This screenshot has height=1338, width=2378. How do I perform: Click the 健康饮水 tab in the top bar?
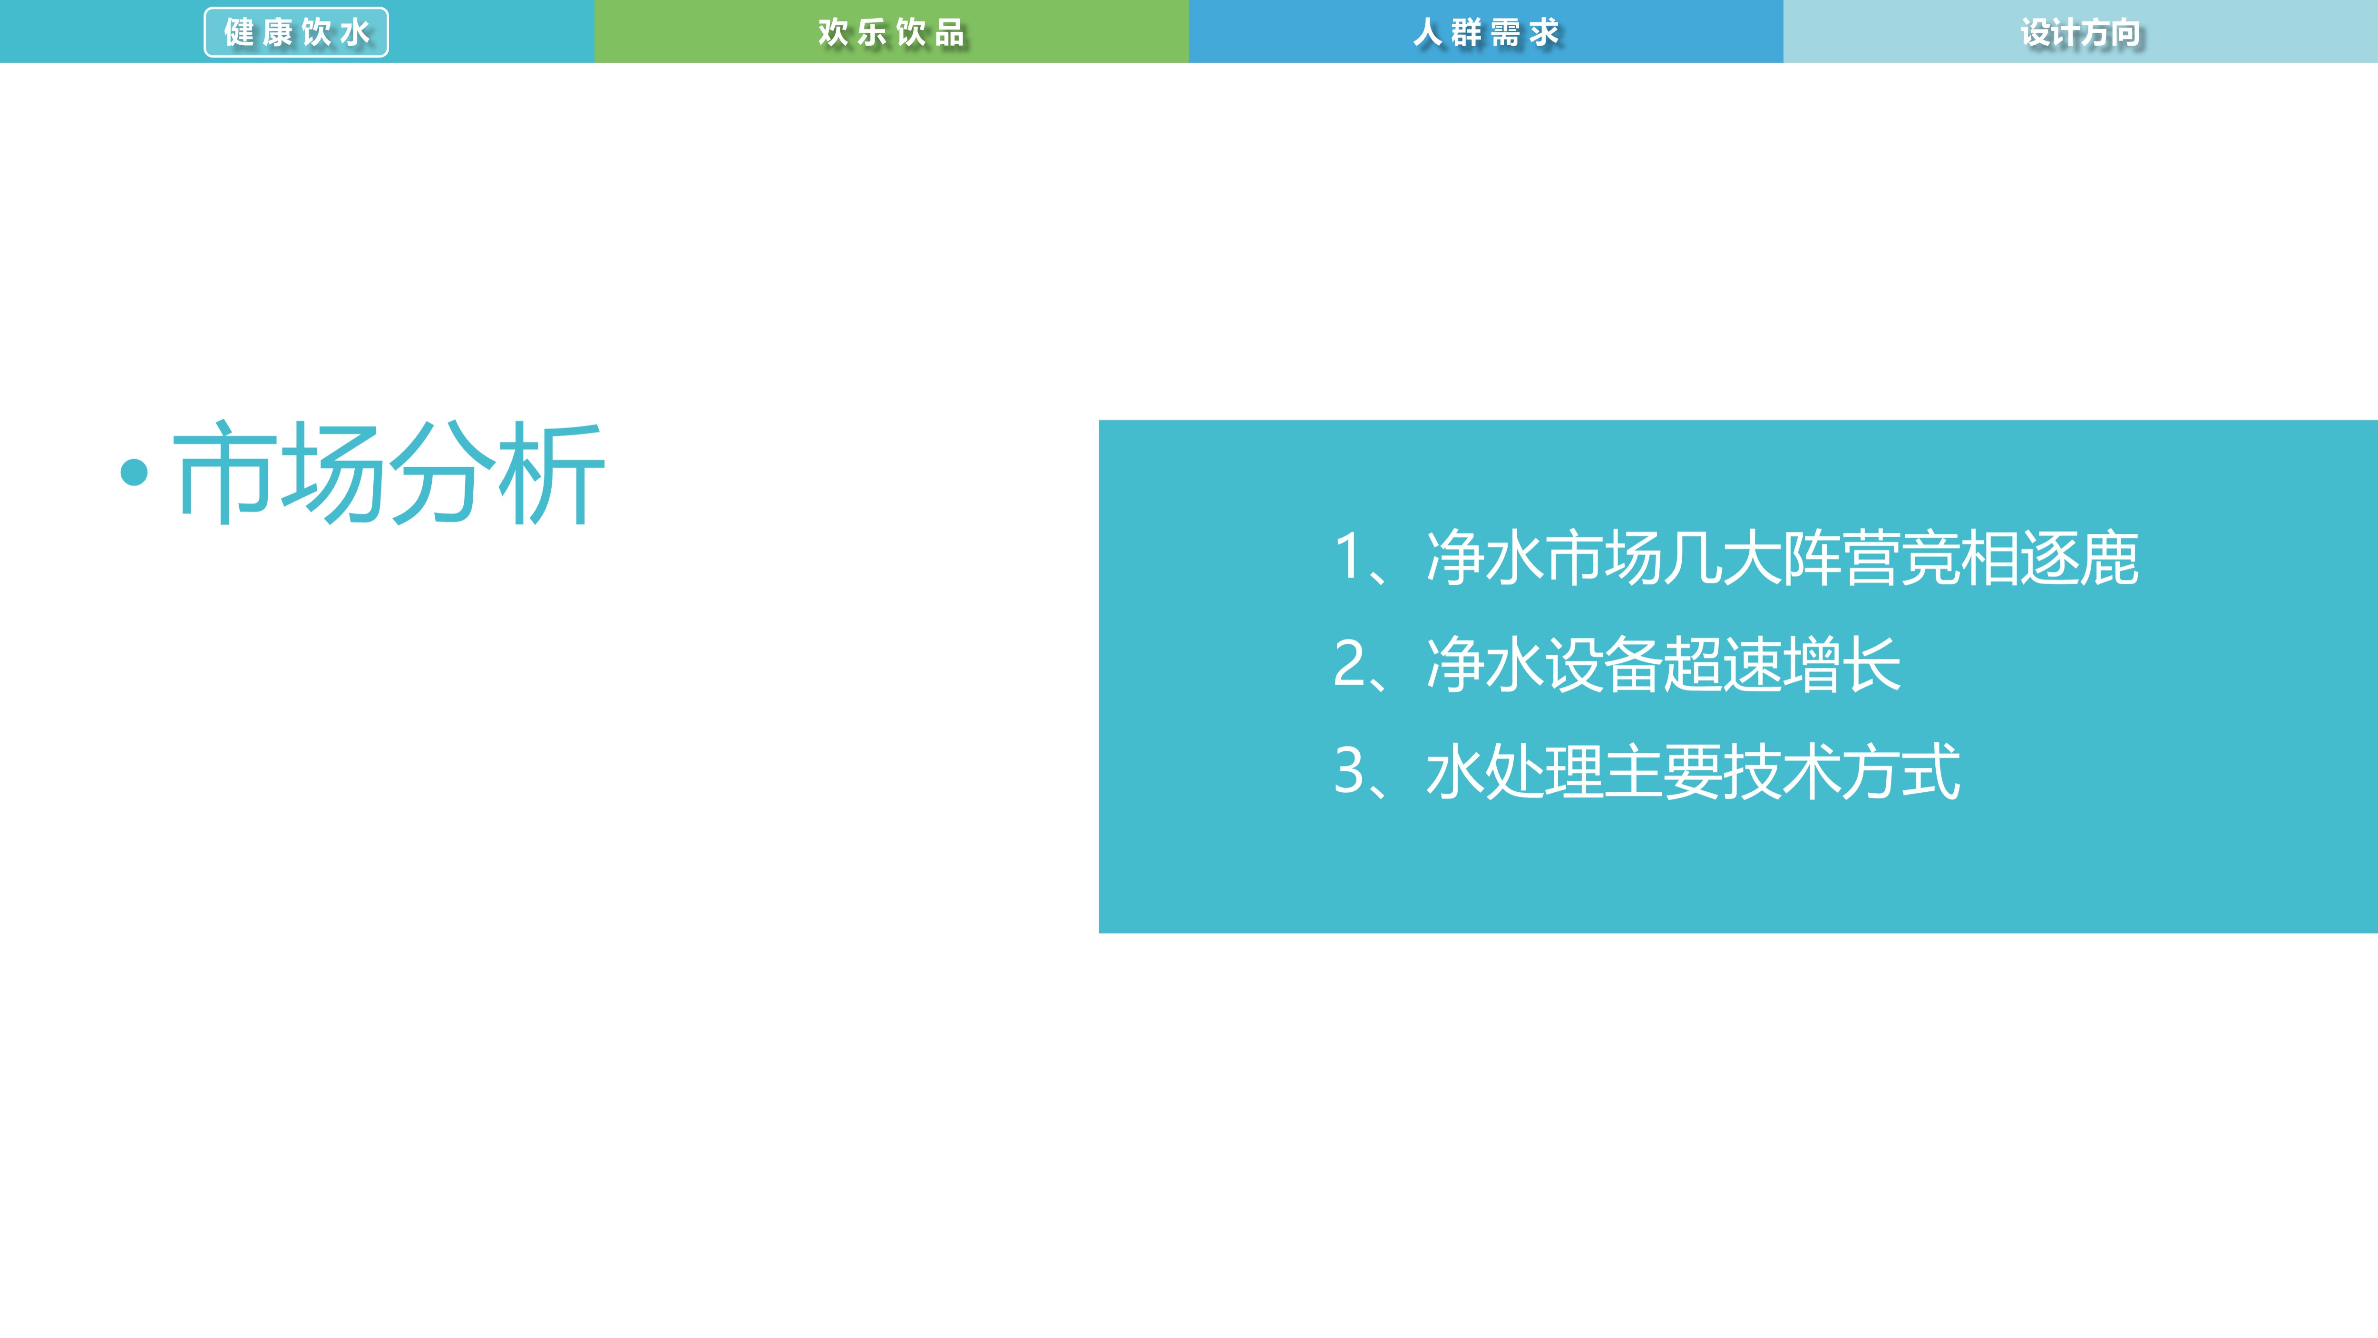296,32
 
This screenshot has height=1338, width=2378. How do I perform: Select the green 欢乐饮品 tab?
891,32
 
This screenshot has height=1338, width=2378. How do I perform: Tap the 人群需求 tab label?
1485,32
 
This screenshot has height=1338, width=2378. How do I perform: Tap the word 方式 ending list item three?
1901,772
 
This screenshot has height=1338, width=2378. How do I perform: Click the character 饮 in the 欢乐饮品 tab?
910,32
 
